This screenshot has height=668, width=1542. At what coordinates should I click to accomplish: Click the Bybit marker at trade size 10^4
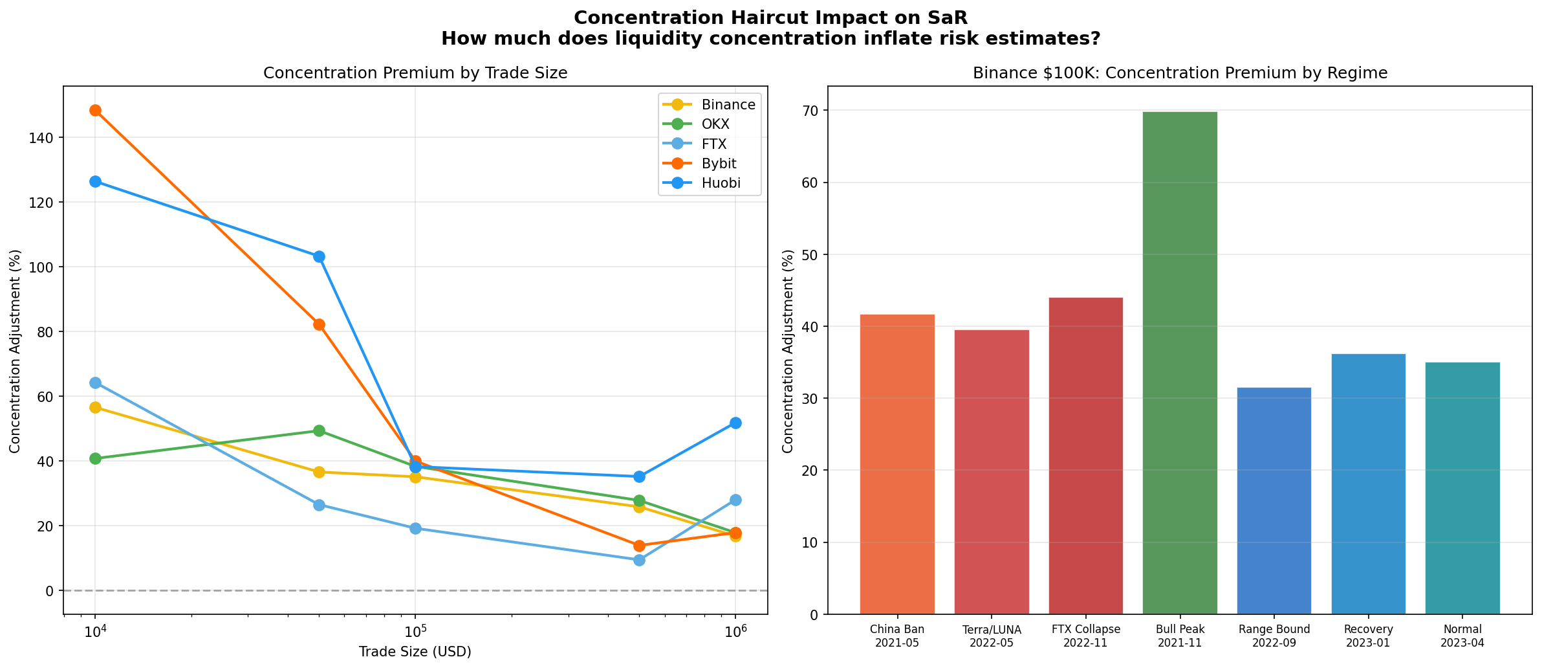(95, 111)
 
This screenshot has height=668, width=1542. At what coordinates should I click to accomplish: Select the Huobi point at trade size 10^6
(735, 423)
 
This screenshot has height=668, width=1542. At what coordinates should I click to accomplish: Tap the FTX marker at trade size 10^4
(95, 383)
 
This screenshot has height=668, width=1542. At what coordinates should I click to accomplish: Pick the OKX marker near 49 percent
(319, 431)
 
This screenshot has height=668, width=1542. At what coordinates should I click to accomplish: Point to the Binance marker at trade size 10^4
(95, 407)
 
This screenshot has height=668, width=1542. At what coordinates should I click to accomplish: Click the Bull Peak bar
(1180, 362)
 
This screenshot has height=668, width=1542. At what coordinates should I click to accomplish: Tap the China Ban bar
(897, 464)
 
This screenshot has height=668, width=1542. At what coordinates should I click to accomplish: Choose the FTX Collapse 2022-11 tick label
(1085, 636)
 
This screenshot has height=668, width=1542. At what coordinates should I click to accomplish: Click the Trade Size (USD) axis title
(415, 652)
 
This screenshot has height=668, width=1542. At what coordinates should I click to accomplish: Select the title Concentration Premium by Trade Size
(415, 73)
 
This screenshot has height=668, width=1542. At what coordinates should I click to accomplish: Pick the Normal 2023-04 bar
(1462, 488)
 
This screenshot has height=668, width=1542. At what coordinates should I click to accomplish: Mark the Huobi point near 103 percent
(319, 257)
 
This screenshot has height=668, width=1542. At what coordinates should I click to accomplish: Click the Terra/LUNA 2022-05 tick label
(991, 636)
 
